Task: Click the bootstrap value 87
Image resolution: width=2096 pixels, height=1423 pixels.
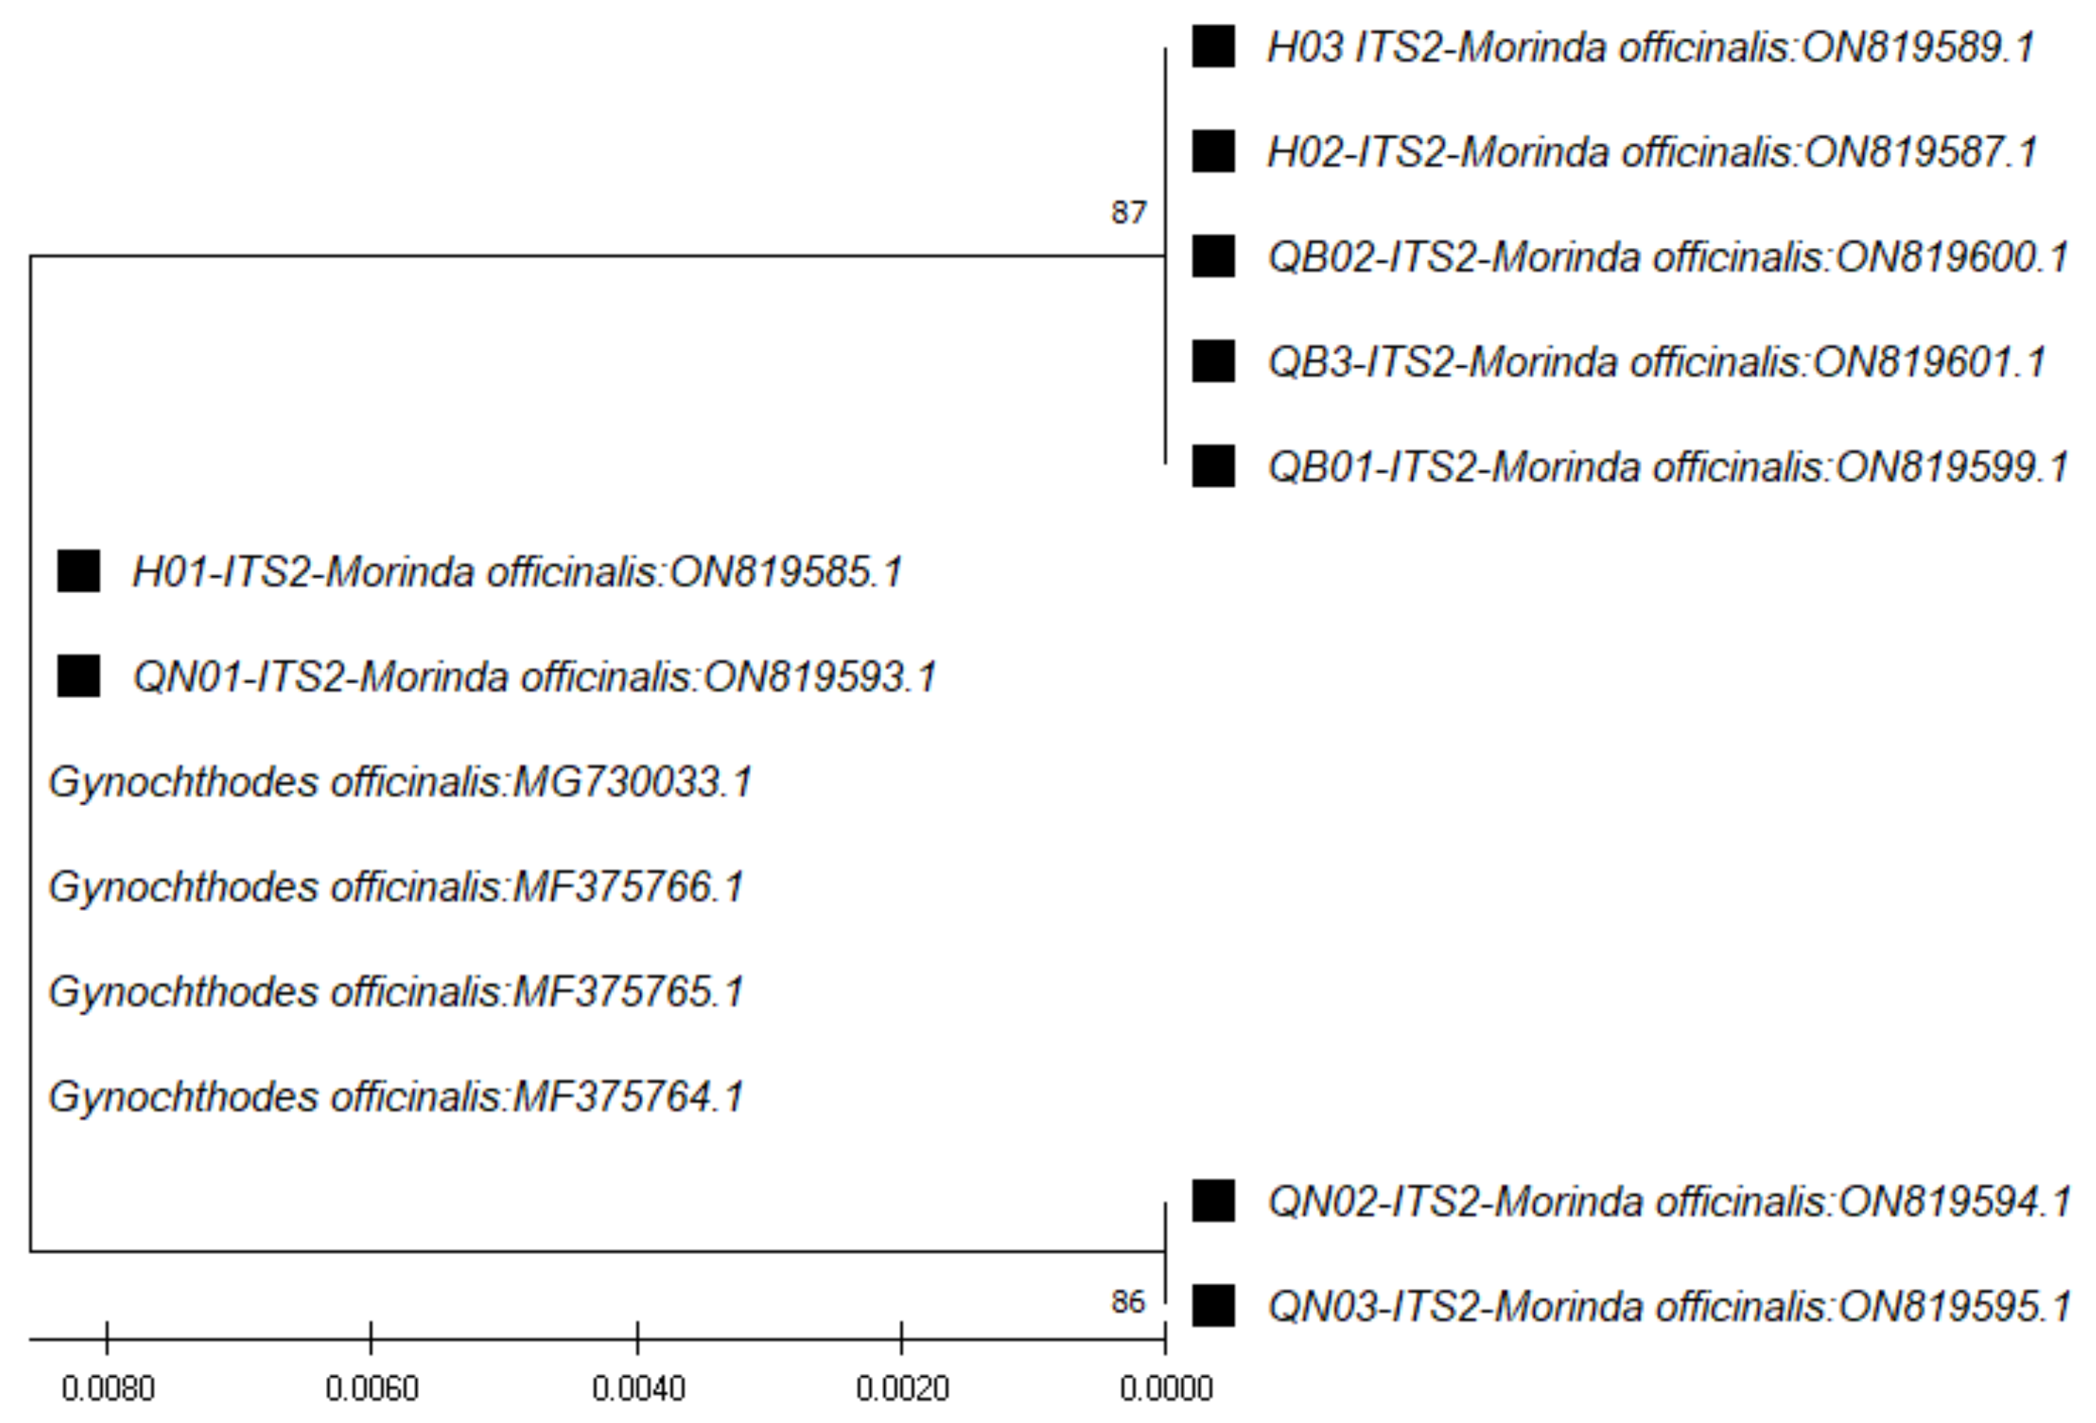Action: tap(1128, 213)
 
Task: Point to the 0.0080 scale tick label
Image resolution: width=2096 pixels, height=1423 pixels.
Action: tap(108, 1389)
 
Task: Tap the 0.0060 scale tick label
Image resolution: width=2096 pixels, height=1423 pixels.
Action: tap(371, 1389)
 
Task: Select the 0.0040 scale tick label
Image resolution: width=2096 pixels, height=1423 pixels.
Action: tap(639, 1389)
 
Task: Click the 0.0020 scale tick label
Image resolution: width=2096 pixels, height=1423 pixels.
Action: tap(902, 1389)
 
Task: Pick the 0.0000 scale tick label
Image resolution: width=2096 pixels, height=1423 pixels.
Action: tap(1166, 1389)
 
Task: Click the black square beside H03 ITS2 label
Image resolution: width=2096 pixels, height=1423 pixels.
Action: tap(1213, 46)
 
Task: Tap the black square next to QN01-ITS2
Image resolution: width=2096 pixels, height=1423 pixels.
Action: tap(78, 677)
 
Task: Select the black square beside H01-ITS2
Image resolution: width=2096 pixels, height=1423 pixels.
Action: tap(78, 572)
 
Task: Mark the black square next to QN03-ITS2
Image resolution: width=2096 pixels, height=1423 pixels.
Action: tap(1213, 1305)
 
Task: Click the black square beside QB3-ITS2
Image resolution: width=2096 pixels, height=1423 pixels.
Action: tap(1213, 362)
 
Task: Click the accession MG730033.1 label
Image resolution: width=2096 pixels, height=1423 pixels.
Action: tap(631, 782)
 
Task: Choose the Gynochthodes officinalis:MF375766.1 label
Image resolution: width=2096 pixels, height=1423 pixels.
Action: tap(396, 887)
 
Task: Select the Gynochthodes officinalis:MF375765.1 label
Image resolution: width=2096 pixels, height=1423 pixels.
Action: tap(396, 992)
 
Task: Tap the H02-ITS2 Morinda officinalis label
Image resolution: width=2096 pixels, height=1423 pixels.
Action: tap(1652, 152)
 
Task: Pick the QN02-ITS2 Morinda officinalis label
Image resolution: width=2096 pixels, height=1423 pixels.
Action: tap(1669, 1202)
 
